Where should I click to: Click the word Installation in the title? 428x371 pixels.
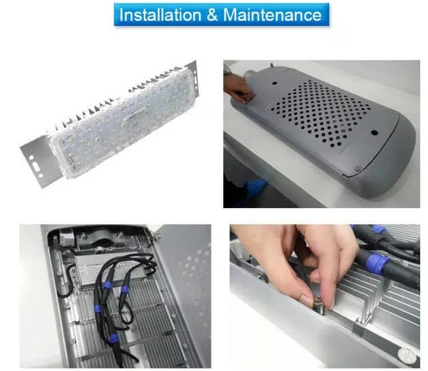point(160,15)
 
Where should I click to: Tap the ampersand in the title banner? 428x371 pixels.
point(212,15)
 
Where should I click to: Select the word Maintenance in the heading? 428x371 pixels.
point(272,15)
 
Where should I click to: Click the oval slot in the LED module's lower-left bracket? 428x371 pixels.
point(36,166)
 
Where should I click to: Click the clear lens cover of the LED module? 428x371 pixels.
point(123,123)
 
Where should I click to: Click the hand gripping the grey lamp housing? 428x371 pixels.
point(237,87)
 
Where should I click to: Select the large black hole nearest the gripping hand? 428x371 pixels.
point(275,83)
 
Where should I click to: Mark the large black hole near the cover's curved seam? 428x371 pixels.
point(374,133)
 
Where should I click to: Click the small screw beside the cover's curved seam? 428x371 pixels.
point(357,169)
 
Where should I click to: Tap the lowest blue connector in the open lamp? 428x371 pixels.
point(113,338)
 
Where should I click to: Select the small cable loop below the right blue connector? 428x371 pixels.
point(126,315)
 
